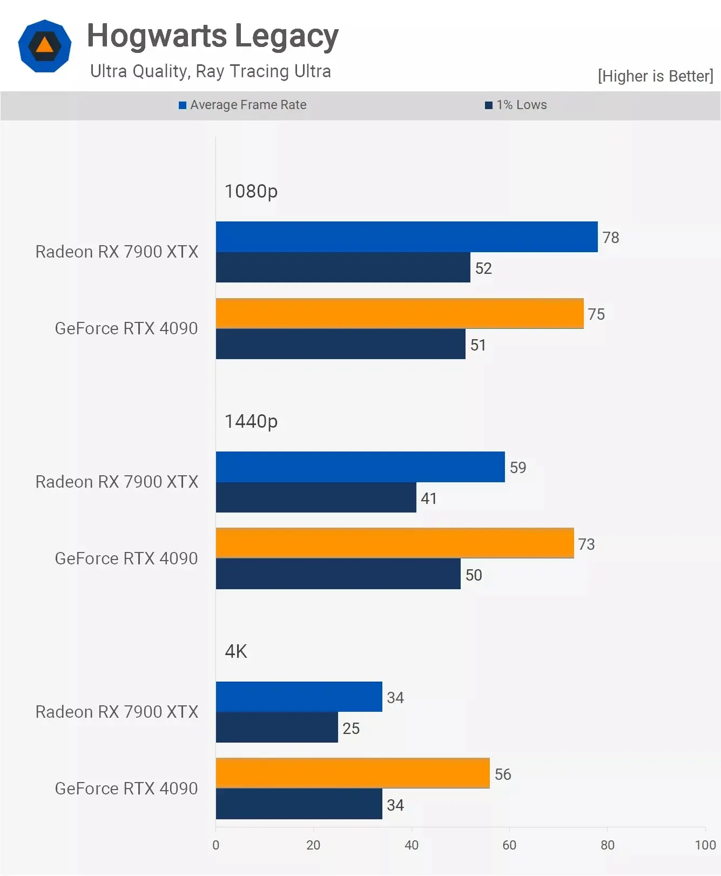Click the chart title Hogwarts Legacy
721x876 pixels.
coord(212,36)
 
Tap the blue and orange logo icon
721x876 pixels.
coord(45,46)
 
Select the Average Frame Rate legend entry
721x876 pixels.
coord(242,105)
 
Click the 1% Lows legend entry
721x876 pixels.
coord(516,105)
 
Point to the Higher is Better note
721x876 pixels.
coord(655,76)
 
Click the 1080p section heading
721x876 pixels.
coord(251,191)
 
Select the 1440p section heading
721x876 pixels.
coord(251,421)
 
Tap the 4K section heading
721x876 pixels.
coord(236,651)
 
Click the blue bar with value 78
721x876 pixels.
coord(407,237)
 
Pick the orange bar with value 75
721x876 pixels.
coord(400,313)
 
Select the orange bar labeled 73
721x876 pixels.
coord(395,543)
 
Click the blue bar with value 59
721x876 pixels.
coord(360,467)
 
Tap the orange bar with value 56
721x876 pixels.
coord(353,773)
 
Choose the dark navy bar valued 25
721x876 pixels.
coord(277,727)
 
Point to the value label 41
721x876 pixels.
coord(429,498)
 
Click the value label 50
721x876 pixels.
coord(474,575)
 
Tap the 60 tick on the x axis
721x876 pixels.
coord(509,845)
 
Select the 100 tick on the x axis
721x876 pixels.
coord(705,845)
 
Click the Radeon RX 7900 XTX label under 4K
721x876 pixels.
coord(117,712)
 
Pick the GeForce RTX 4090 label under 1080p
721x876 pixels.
coord(126,328)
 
